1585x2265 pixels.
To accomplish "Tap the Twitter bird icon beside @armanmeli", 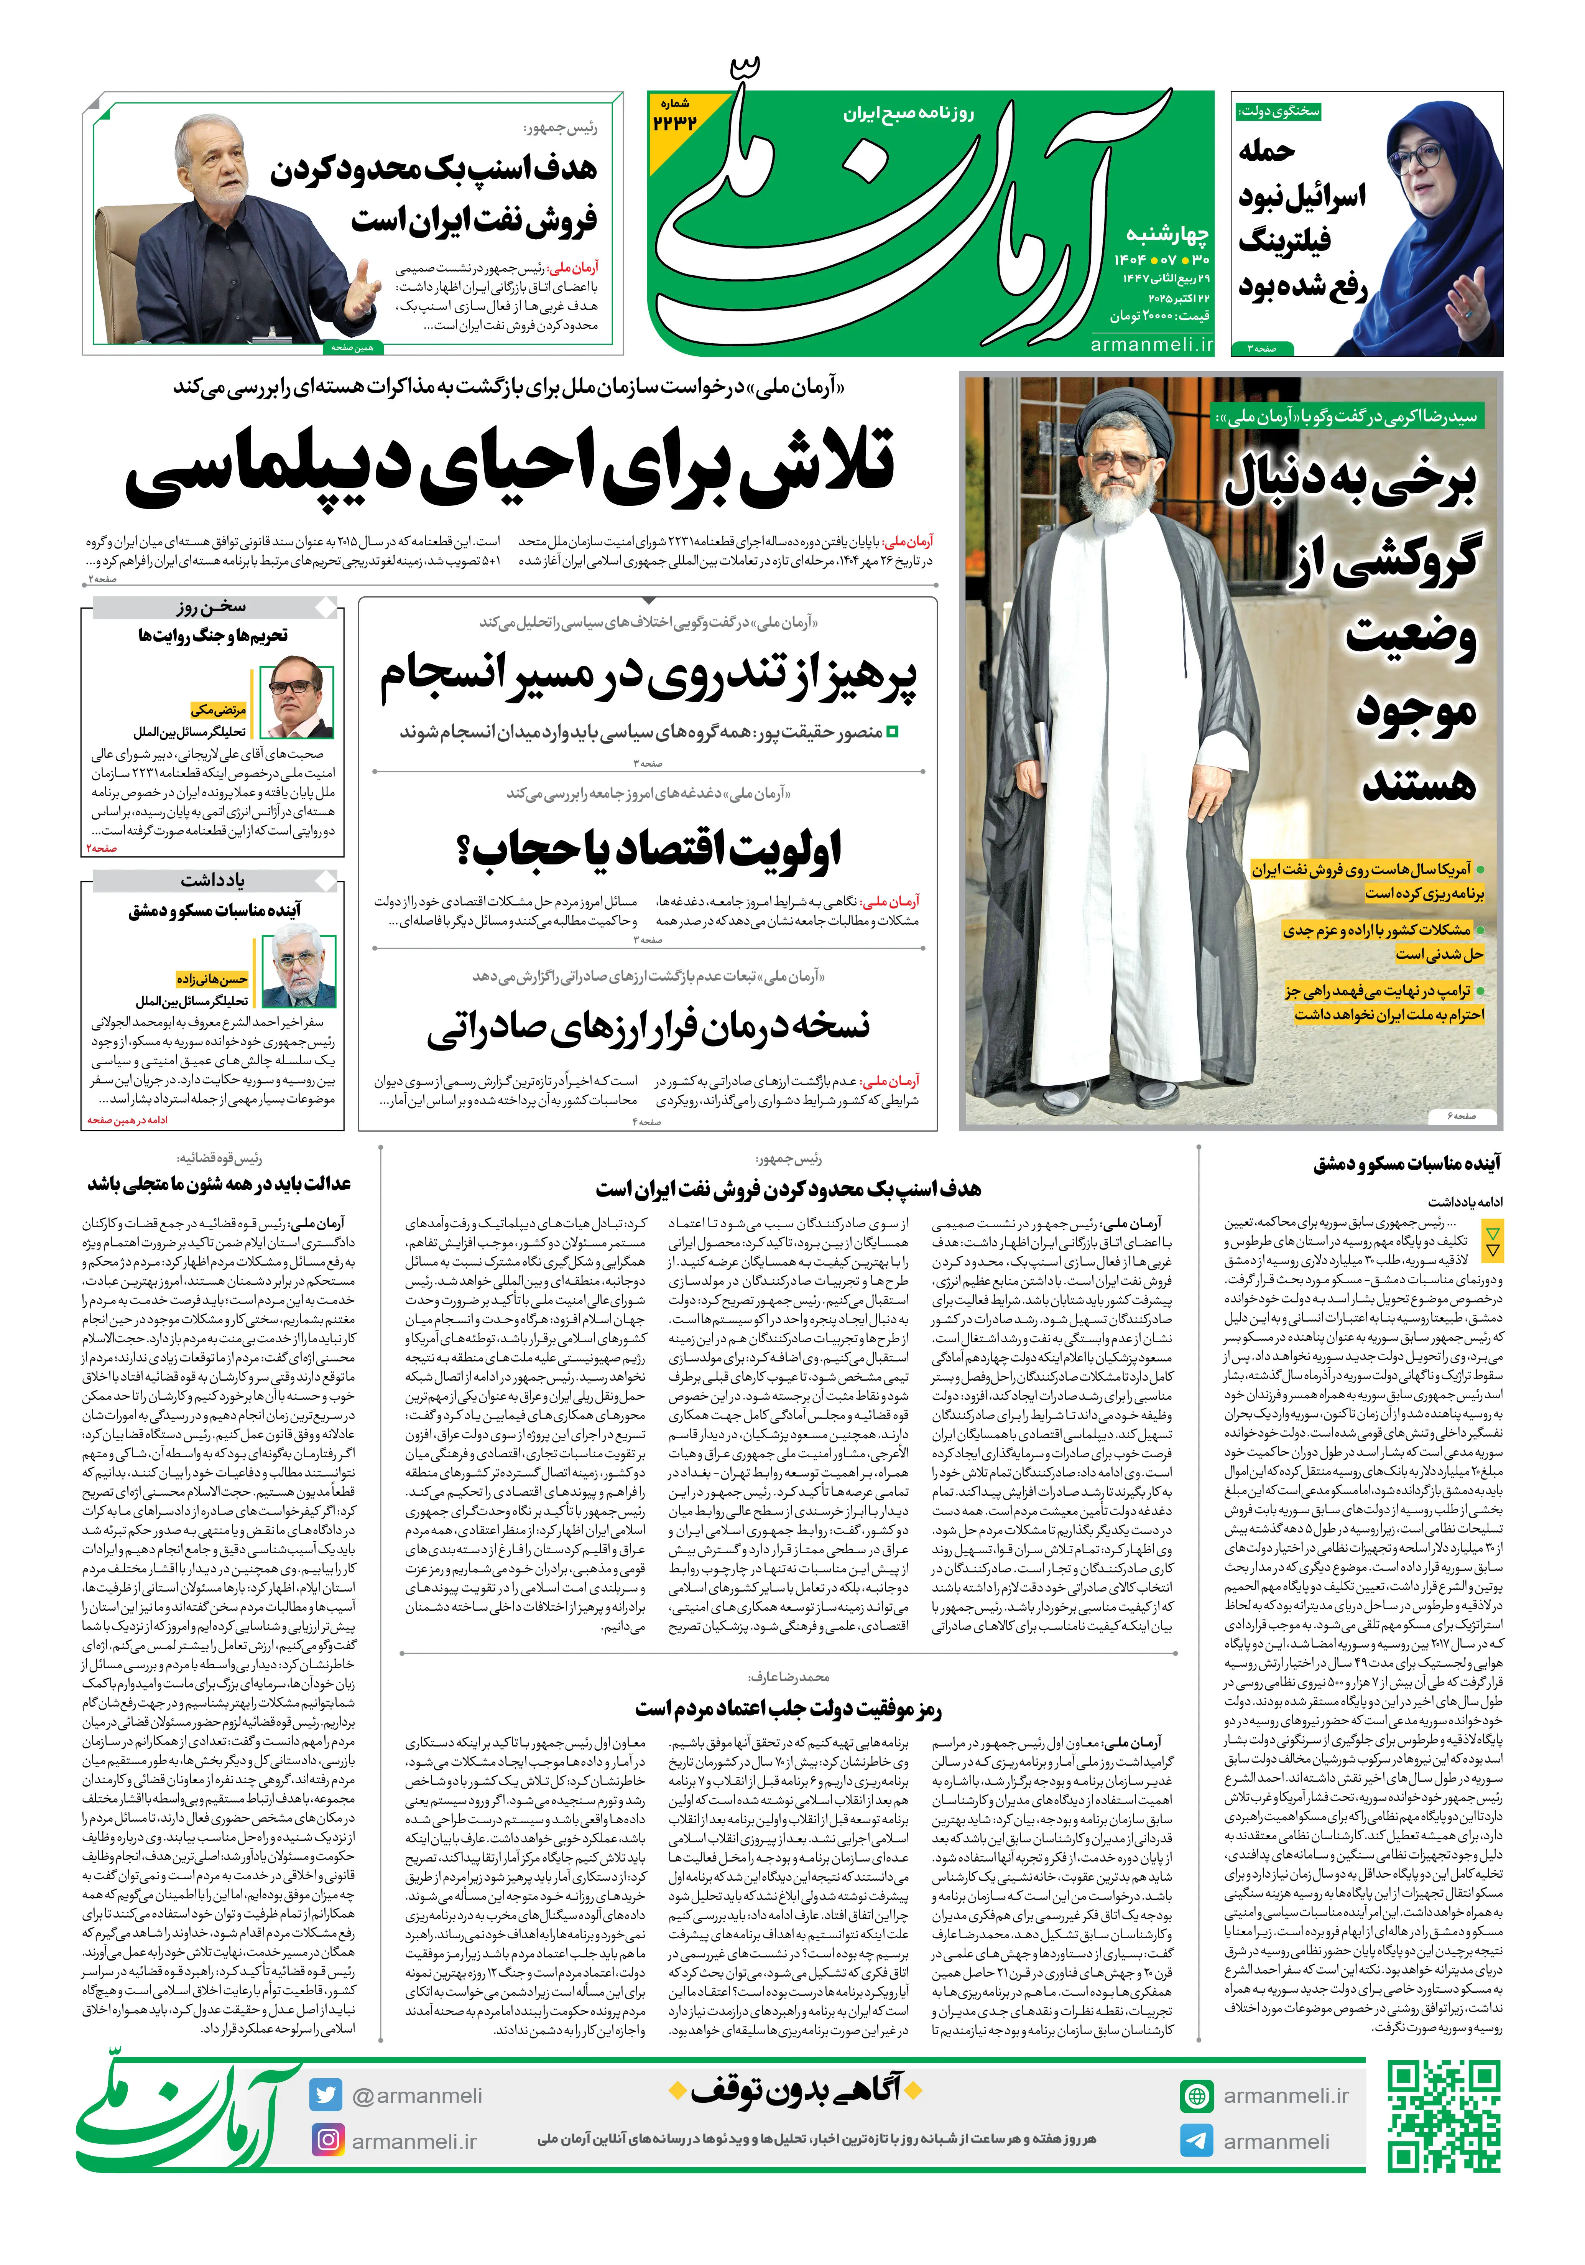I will pyautogui.click(x=324, y=2094).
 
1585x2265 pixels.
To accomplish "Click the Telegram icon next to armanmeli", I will pyautogui.click(x=1196, y=2141).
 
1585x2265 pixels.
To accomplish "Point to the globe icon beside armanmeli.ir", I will pyautogui.click(x=1196, y=2095).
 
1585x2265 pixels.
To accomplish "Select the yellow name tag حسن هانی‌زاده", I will pyautogui.click(x=212, y=979).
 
